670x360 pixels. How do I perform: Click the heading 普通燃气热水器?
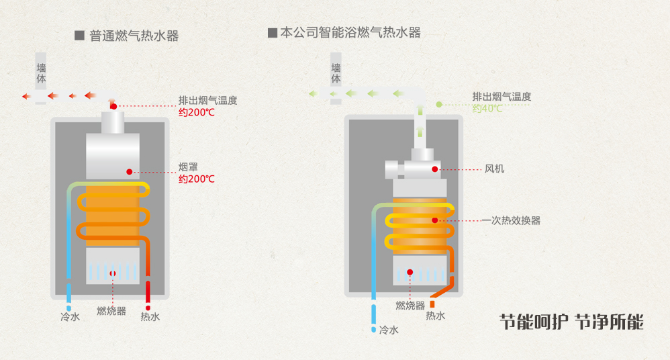tap(134, 36)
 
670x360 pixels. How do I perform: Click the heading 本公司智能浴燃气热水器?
tap(350, 32)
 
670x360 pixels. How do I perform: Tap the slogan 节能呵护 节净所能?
tap(571, 322)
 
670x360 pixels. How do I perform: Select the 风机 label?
tap(494, 169)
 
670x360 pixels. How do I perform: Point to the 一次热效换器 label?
tap(511, 220)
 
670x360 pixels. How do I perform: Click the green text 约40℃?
tap(487, 108)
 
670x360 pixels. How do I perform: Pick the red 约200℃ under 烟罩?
tap(197, 179)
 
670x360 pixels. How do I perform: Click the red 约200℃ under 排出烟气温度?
tap(197, 112)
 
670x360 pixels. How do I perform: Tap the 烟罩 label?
tap(187, 167)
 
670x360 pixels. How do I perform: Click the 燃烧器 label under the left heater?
tap(111, 311)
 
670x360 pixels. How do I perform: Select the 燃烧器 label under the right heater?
tap(410, 306)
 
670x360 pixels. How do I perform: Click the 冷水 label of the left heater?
tap(70, 317)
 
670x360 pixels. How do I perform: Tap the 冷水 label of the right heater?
tap(389, 330)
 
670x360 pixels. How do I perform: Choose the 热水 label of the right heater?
tap(436, 316)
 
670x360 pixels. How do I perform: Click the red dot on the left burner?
tap(113, 273)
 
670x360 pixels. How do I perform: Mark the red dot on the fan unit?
tap(435, 169)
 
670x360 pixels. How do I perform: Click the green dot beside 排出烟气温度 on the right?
tap(439, 104)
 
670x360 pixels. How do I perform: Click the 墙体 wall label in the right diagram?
tap(336, 74)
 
